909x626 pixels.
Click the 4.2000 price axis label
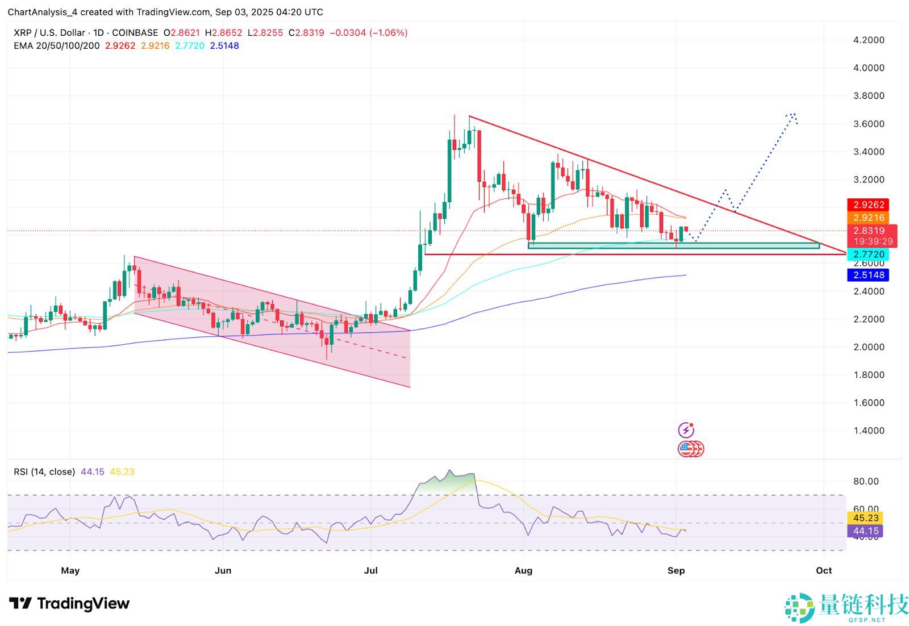(x=869, y=40)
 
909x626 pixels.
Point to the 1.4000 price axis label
(x=869, y=431)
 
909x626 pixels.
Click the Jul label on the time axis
(x=370, y=570)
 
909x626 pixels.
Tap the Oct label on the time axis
(x=824, y=570)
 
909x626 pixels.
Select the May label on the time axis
(x=70, y=570)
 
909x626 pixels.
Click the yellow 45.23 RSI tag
(x=865, y=518)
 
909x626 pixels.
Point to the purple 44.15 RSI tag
(x=865, y=531)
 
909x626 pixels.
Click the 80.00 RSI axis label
(x=866, y=481)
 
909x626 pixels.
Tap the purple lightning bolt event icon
(x=686, y=430)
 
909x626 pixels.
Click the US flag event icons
(x=690, y=449)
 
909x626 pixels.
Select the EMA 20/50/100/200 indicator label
(x=56, y=46)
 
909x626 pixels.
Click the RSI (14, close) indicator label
(x=44, y=472)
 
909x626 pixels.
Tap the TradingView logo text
(x=83, y=603)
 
